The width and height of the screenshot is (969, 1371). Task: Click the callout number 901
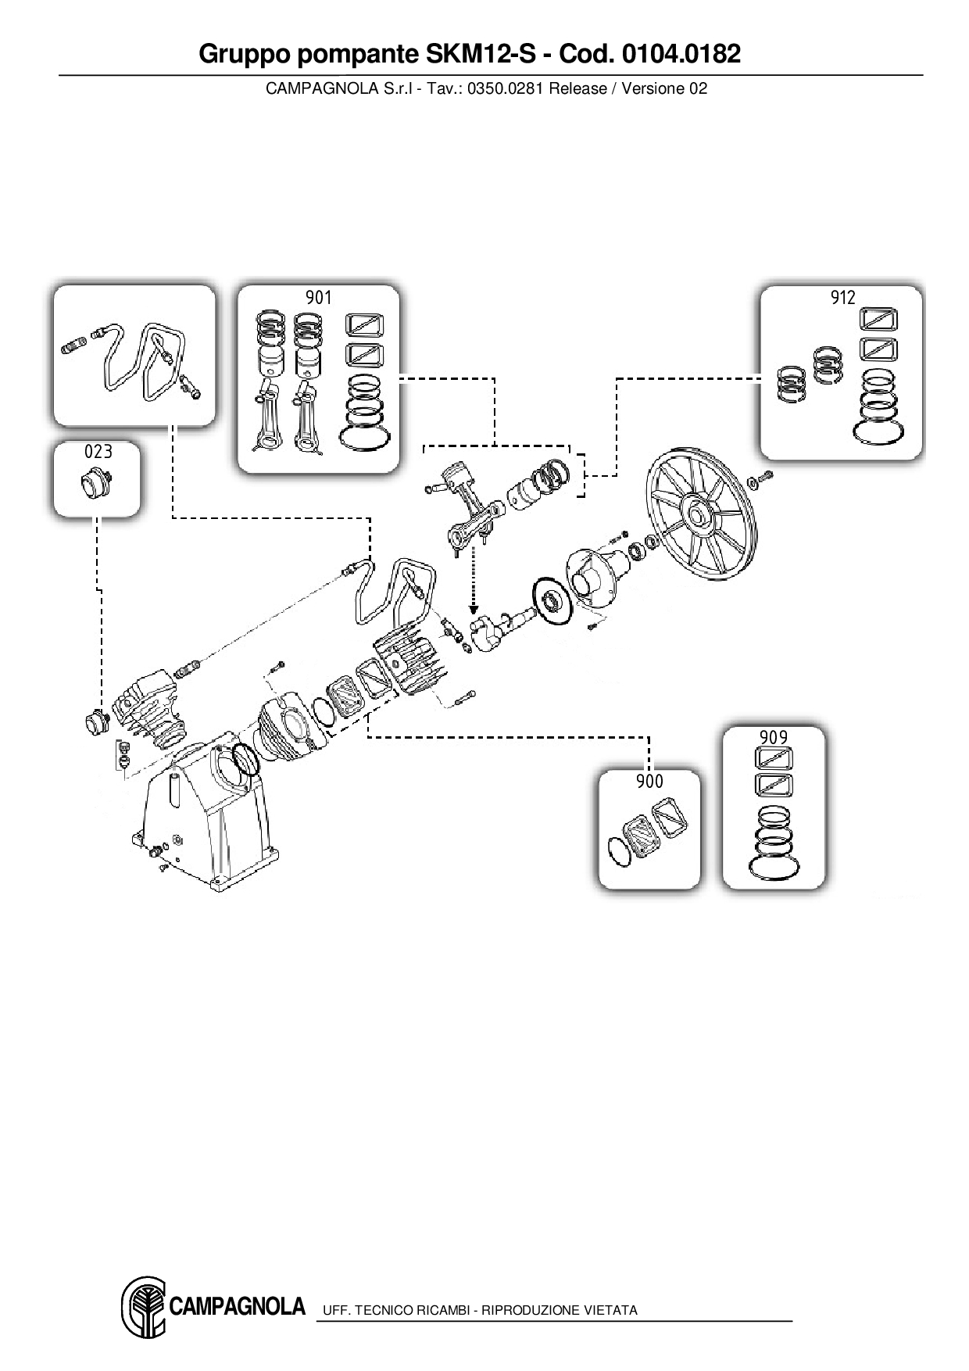click(318, 298)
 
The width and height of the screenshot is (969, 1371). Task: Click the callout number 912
click(842, 298)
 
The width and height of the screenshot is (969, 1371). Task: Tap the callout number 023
click(98, 452)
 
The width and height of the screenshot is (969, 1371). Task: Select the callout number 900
click(649, 782)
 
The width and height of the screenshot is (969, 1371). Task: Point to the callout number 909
click(773, 737)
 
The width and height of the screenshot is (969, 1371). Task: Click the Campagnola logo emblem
click(142, 1307)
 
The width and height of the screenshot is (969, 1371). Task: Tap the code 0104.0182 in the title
click(681, 54)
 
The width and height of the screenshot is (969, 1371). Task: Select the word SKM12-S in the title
click(474, 54)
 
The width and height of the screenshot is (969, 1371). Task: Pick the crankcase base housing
click(205, 821)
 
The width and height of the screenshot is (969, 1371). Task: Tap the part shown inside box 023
click(98, 483)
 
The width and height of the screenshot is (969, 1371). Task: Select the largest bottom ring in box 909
click(773, 868)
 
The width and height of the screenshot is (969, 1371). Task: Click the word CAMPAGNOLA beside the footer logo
click(237, 1306)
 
